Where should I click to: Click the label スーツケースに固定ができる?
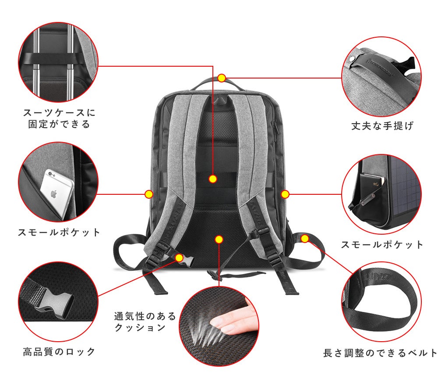[x=59, y=118]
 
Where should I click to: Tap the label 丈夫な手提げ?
[x=382, y=126]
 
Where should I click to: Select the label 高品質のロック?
[x=59, y=351]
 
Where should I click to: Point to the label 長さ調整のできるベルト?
[x=380, y=353]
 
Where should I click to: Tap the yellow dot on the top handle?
[x=222, y=78]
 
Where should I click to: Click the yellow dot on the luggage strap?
[x=213, y=179]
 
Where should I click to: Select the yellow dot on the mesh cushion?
[x=219, y=239]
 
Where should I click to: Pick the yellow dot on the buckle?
[x=179, y=257]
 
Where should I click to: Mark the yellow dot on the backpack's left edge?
[x=148, y=193]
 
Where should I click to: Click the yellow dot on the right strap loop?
[x=305, y=239]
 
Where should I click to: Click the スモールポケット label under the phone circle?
[x=59, y=232]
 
